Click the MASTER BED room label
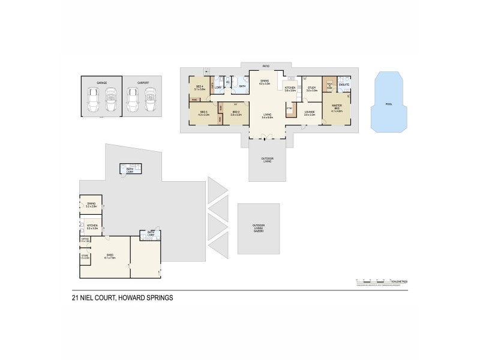pos(336,107)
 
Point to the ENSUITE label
pos(344,85)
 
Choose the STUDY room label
pos(311,89)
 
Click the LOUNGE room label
pos(310,113)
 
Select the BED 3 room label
pos(203,113)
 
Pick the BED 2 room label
pos(236,113)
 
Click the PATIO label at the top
pos(265,66)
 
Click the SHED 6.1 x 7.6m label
pos(110,256)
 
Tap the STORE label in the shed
pos(85,256)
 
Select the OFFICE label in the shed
pos(85,240)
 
